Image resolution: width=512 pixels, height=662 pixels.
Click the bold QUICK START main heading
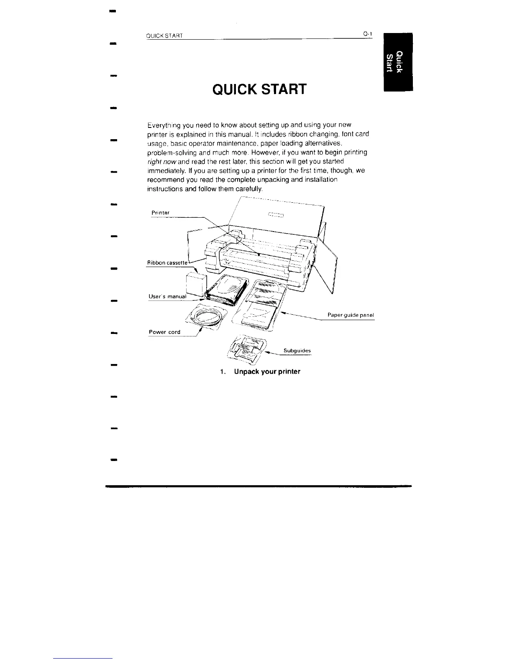click(x=259, y=89)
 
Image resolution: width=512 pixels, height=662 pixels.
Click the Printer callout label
click(x=160, y=213)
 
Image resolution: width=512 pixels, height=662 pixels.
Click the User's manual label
click(x=167, y=296)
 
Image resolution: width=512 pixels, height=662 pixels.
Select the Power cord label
click(x=164, y=332)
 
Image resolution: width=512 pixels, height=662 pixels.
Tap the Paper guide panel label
click(x=351, y=315)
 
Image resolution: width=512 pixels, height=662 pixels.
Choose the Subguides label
click(x=297, y=351)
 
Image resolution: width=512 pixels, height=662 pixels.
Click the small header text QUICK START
click(x=164, y=35)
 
